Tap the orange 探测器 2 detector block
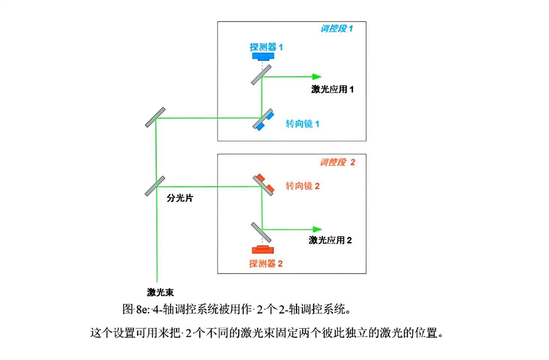[x=263, y=250]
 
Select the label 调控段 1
[x=337, y=29]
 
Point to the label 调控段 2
[x=337, y=162]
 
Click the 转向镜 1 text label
[x=303, y=124]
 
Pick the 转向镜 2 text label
[x=303, y=186]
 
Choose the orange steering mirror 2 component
[x=264, y=184]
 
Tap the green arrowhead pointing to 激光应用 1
[x=317, y=77]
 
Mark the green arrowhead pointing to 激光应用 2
[x=317, y=229]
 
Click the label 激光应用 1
[x=332, y=89]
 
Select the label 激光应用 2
[x=330, y=240]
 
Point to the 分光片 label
[x=180, y=198]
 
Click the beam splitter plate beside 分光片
[x=155, y=186]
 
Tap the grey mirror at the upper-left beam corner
[x=155, y=117]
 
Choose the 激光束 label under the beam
[x=160, y=292]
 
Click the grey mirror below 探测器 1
[x=261, y=75]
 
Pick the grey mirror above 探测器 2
[x=261, y=232]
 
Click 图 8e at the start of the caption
[x=135, y=309]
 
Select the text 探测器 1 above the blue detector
[x=266, y=47]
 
